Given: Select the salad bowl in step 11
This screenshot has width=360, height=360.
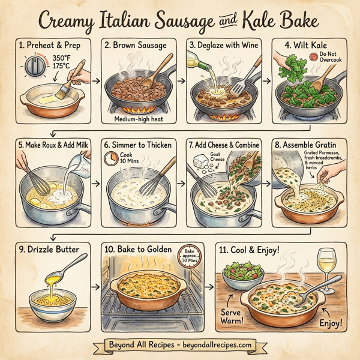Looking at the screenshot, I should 241,275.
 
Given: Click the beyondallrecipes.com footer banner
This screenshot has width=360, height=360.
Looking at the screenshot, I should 180,346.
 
